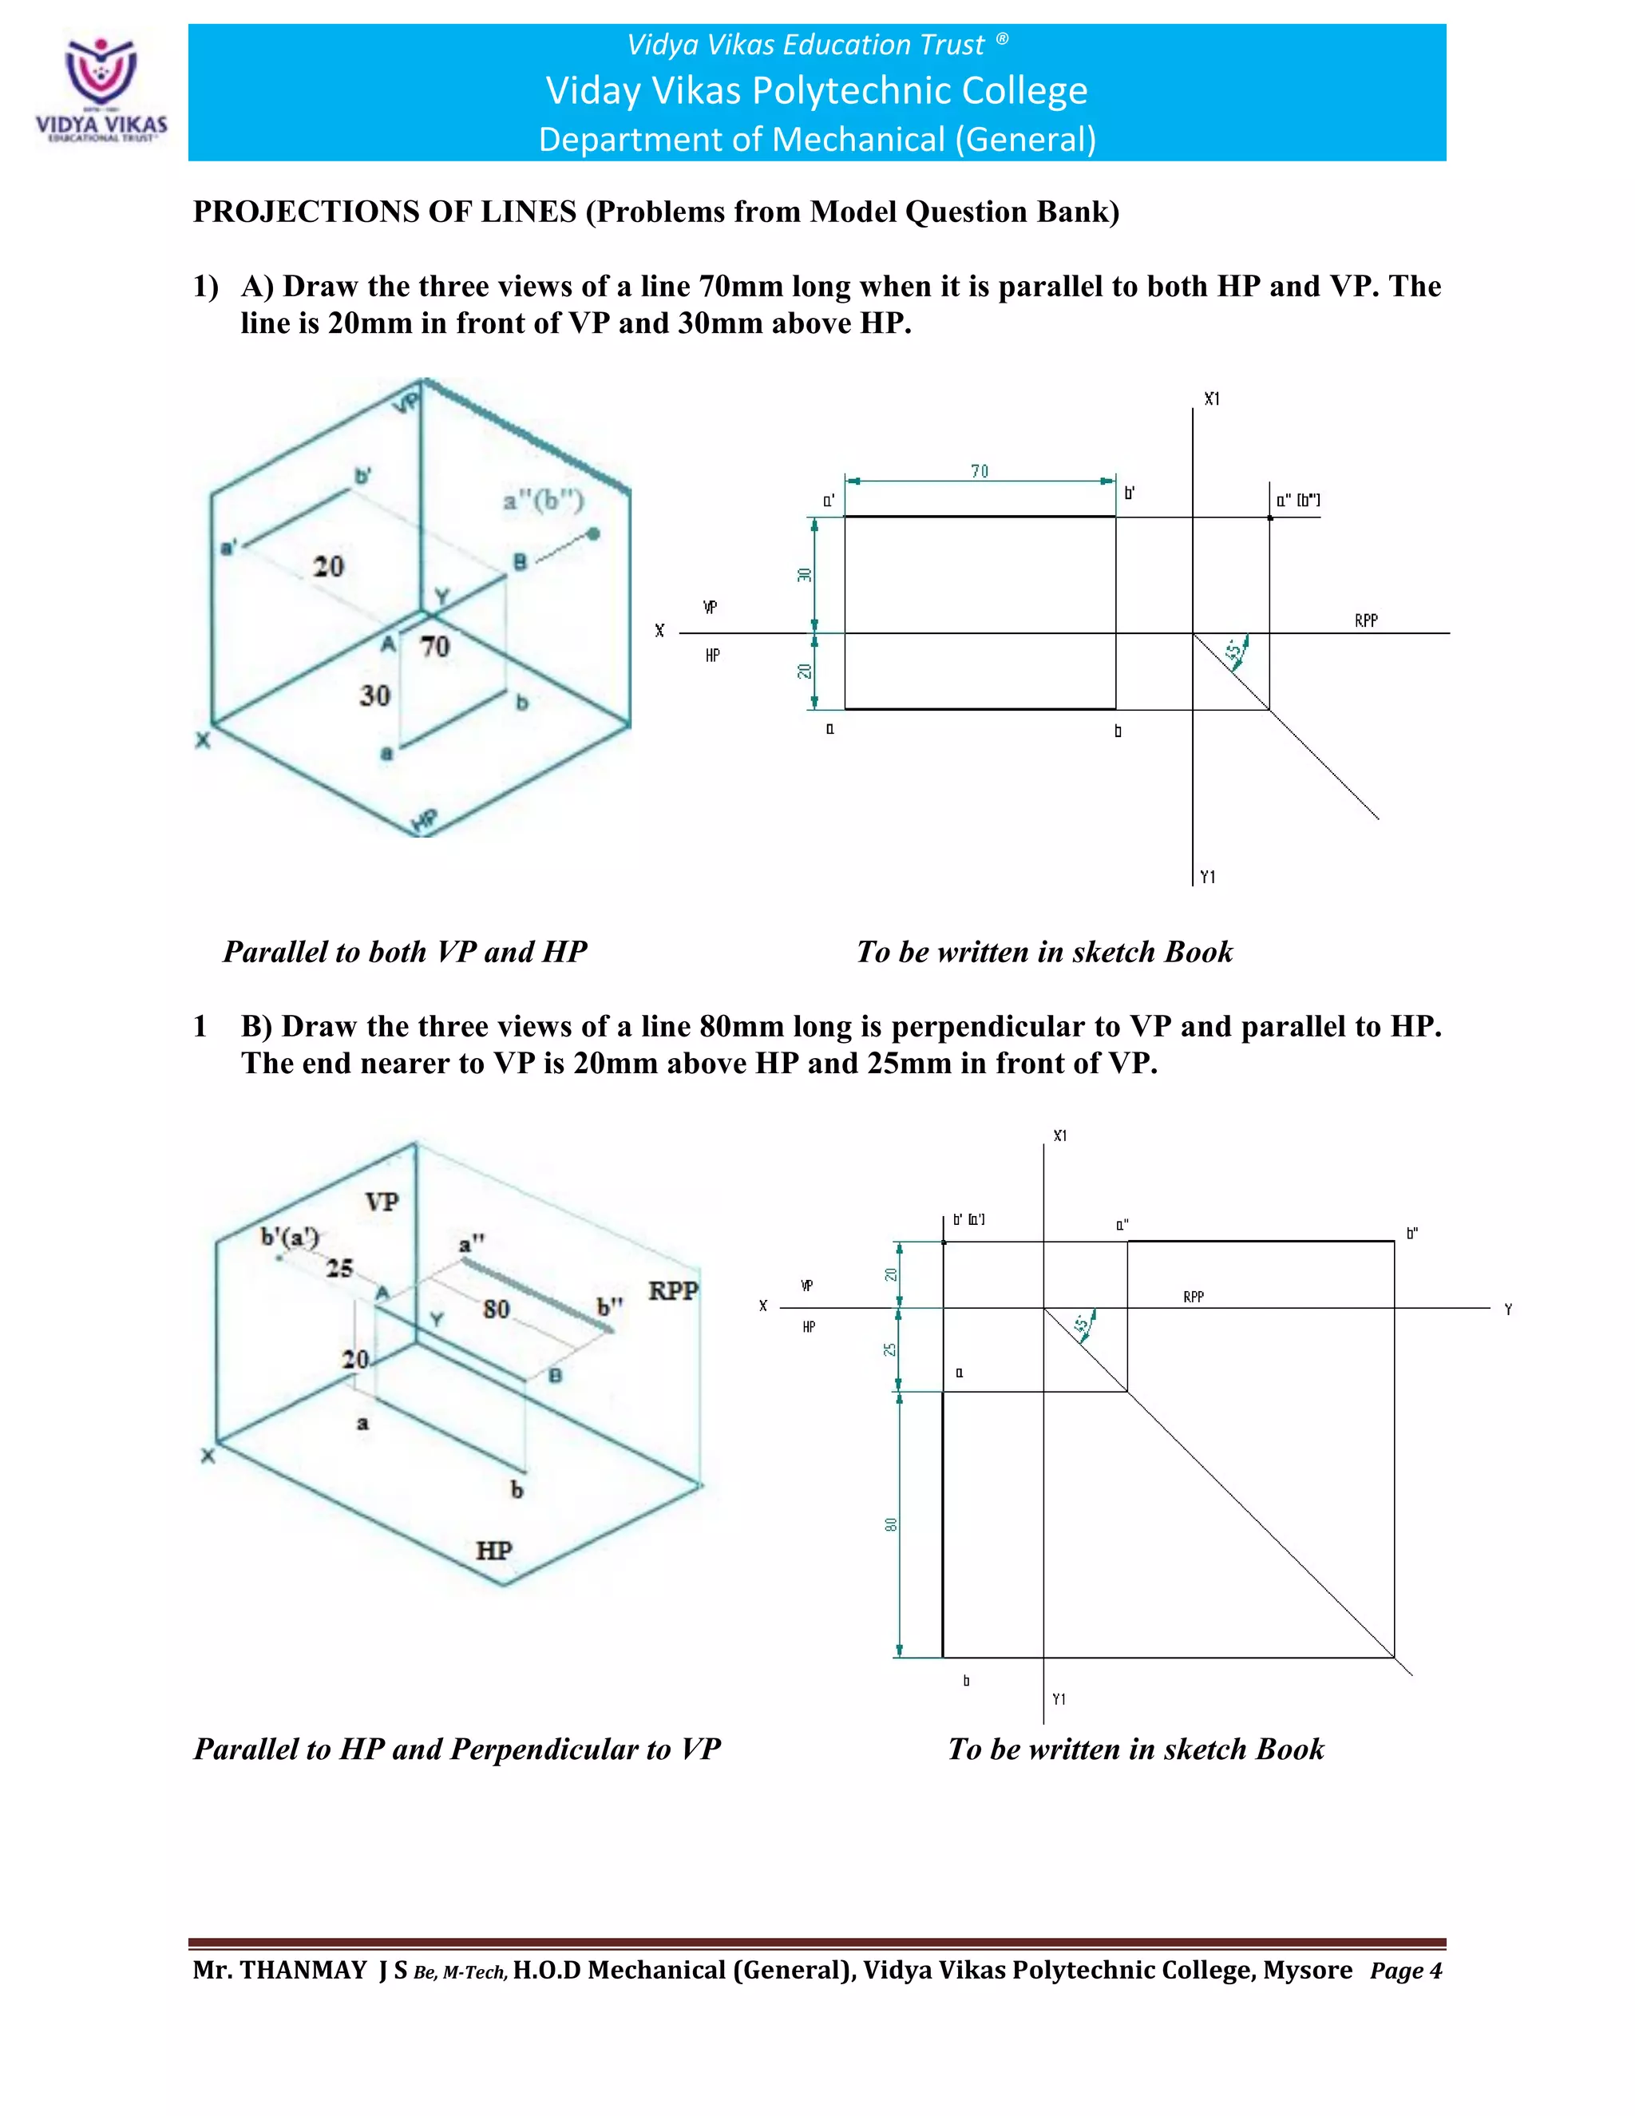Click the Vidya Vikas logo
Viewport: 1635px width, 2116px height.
point(101,87)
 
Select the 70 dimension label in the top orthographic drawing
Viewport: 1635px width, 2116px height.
point(980,471)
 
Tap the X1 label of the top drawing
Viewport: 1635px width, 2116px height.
point(1212,398)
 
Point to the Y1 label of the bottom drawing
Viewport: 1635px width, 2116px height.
point(1059,1699)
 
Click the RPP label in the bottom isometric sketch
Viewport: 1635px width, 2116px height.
point(672,1290)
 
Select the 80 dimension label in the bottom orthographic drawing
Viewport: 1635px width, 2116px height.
point(890,1524)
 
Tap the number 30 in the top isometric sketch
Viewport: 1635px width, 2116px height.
point(375,695)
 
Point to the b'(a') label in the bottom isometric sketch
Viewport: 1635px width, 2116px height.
point(290,1236)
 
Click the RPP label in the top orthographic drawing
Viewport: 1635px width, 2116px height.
point(1366,620)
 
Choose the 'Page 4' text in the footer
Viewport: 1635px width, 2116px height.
point(1405,1971)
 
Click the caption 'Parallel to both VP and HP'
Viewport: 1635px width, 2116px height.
point(405,952)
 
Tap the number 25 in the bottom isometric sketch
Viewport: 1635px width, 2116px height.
point(339,1267)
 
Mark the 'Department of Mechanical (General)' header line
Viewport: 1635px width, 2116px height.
point(817,140)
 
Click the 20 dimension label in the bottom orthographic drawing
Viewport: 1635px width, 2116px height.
point(890,1274)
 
